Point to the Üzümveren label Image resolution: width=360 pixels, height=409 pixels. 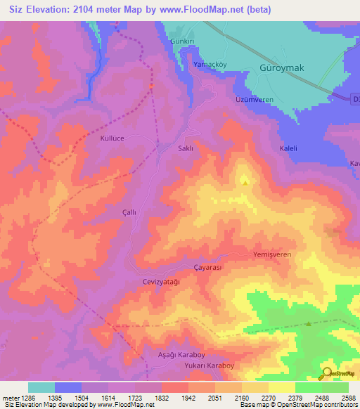coord(254,100)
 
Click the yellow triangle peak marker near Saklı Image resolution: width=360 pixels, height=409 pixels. coord(245,182)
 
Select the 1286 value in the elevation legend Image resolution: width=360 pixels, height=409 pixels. coord(25,399)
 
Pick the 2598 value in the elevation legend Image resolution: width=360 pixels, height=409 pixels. coord(340,399)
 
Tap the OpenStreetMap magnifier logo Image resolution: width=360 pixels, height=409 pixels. coord(326,373)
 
